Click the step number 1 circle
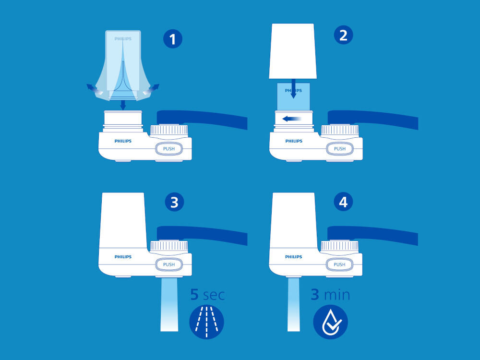pos(173,39)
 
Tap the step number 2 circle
pos(343,35)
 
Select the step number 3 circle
pos(174,202)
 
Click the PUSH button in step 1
pos(168,149)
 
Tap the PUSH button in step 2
pos(339,149)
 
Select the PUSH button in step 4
pos(339,264)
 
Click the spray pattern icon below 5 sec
pos(206,322)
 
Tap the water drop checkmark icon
pos(331,322)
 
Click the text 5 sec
pos(207,295)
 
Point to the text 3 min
pos(330,295)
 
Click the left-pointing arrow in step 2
pos(292,119)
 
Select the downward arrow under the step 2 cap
pos(293,88)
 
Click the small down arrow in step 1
pos(123,105)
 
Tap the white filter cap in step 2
pos(293,51)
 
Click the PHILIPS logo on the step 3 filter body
pos(123,257)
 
